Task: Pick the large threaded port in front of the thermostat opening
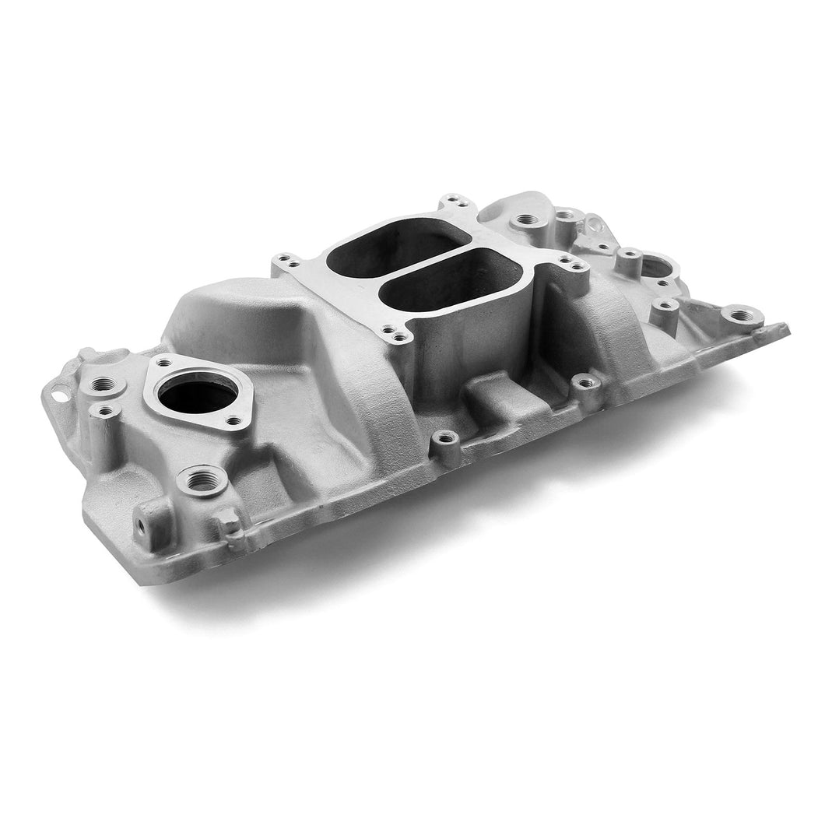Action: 202,481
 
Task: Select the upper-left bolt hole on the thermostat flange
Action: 164,361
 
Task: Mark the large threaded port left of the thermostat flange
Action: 104,384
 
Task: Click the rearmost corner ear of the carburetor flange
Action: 451,206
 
